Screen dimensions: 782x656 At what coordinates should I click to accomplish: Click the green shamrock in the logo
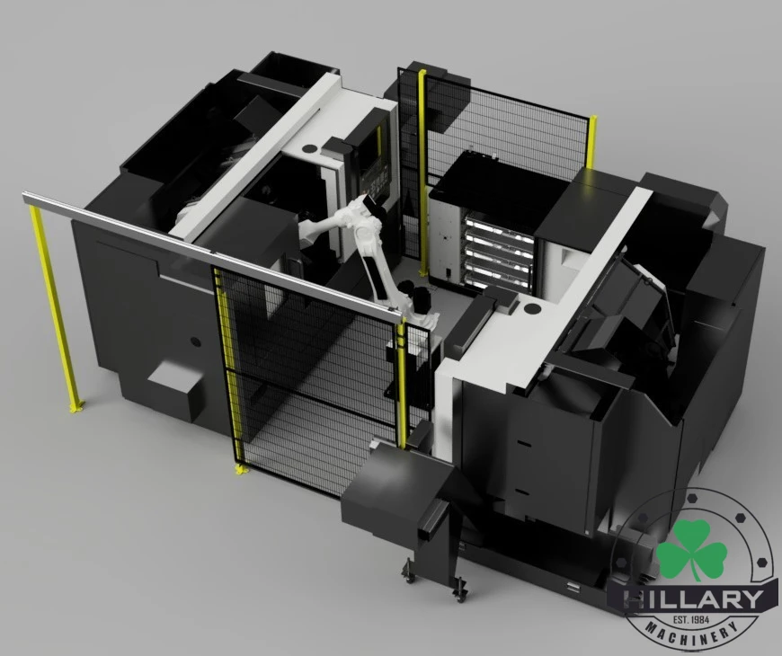pyautogui.click(x=690, y=551)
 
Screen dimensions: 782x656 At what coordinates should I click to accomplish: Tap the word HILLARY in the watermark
pyautogui.click(x=694, y=600)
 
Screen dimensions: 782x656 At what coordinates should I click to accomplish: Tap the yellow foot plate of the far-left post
pyautogui.click(x=76, y=407)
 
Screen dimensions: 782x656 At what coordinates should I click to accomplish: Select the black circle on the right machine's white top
pyautogui.click(x=531, y=308)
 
